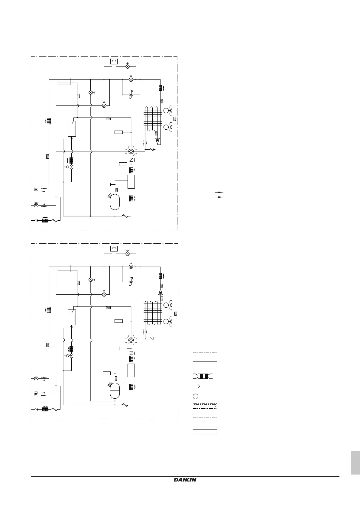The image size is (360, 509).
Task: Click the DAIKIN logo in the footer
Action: (x=185, y=480)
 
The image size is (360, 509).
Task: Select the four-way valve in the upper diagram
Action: (x=131, y=151)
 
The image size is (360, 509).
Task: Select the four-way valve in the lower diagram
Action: (x=131, y=340)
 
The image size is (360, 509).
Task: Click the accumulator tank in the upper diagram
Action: (x=115, y=202)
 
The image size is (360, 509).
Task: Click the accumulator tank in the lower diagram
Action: (x=115, y=391)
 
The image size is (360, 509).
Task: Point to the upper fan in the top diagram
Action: (x=168, y=111)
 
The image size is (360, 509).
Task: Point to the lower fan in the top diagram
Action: (x=168, y=127)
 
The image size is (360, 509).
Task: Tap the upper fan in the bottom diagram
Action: (x=168, y=305)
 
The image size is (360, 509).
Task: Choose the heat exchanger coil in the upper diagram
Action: (x=153, y=118)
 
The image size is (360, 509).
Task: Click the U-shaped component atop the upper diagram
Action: (x=114, y=62)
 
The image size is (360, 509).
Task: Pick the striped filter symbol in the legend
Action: (x=203, y=376)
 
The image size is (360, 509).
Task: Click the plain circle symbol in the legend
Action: (x=196, y=396)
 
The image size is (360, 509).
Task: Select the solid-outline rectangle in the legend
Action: (x=205, y=432)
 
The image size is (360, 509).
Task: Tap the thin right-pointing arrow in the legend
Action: (x=196, y=386)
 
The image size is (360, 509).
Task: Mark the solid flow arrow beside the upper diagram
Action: (x=219, y=192)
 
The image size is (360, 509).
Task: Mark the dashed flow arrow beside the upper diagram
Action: (x=219, y=197)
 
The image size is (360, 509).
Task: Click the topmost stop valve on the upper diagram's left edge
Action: (x=36, y=189)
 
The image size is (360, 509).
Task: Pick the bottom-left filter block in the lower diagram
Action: (x=45, y=409)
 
